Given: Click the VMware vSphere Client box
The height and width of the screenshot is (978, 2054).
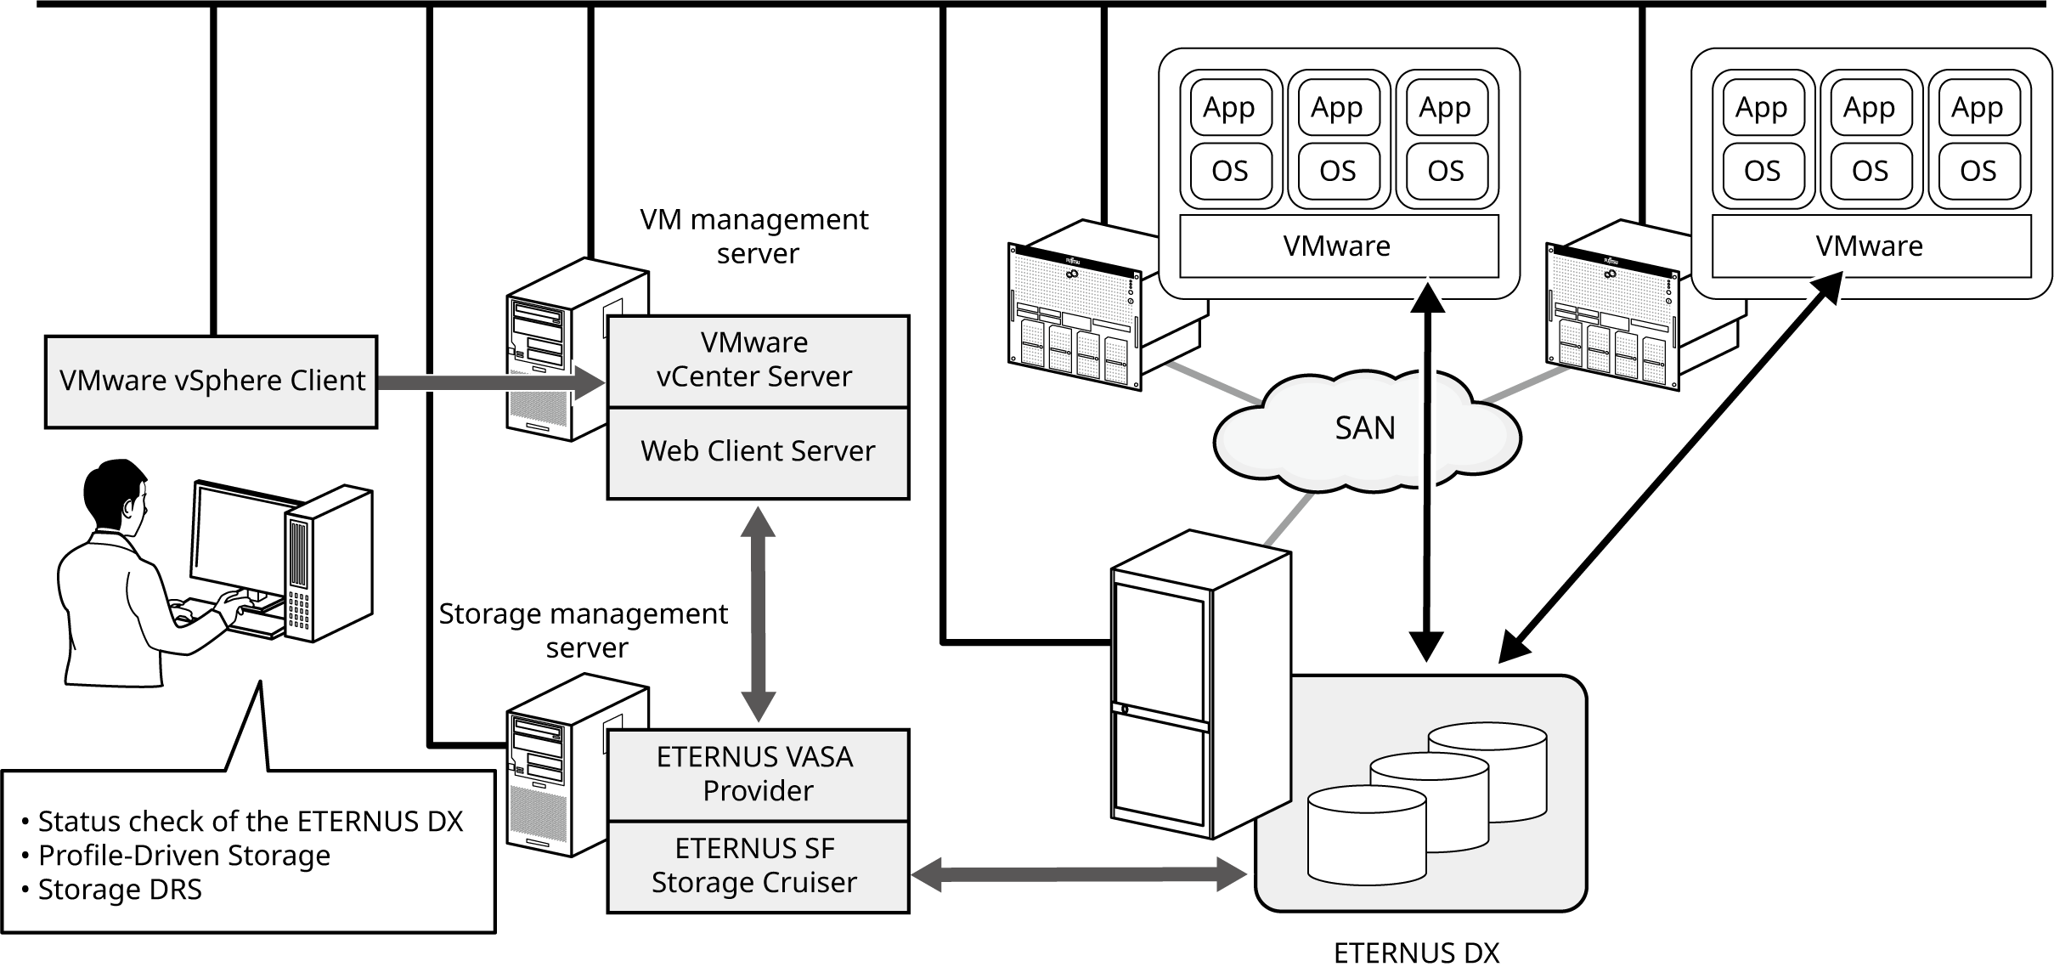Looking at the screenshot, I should (211, 382).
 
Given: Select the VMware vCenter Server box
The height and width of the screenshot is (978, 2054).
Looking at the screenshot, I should (757, 360).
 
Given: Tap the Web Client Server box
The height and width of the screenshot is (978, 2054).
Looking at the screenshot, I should (757, 451).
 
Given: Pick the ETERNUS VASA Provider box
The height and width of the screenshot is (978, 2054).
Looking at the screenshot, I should (757, 774).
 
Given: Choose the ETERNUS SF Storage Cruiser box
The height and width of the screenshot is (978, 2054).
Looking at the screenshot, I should (757, 866).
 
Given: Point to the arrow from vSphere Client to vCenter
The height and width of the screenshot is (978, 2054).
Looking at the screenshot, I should (488, 382).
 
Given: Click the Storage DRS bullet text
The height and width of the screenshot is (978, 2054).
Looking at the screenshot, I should (120, 890).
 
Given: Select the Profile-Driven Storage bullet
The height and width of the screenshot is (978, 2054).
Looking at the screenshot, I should (183, 856).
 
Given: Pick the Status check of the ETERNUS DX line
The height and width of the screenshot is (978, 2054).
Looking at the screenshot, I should (251, 822).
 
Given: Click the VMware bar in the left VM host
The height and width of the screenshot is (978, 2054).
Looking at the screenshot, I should (1338, 246).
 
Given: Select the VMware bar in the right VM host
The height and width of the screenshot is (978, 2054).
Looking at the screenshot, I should (1870, 246).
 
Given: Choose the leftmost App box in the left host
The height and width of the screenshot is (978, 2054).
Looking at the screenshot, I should (1230, 108).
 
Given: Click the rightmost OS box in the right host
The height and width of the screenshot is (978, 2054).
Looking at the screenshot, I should (1978, 172).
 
